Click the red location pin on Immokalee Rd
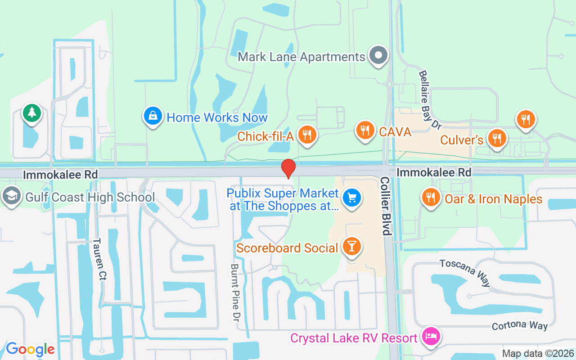point(288,169)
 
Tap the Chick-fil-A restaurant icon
point(307,134)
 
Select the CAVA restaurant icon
point(365,130)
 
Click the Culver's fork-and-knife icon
point(496,138)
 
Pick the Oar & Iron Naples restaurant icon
point(431,197)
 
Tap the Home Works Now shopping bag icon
point(153,116)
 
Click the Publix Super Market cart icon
point(352,198)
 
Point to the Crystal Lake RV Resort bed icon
point(431,336)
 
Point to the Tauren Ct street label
point(99,260)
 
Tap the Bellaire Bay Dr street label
point(429,99)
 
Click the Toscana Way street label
point(465,272)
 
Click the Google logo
point(30,349)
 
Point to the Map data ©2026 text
point(538,353)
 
